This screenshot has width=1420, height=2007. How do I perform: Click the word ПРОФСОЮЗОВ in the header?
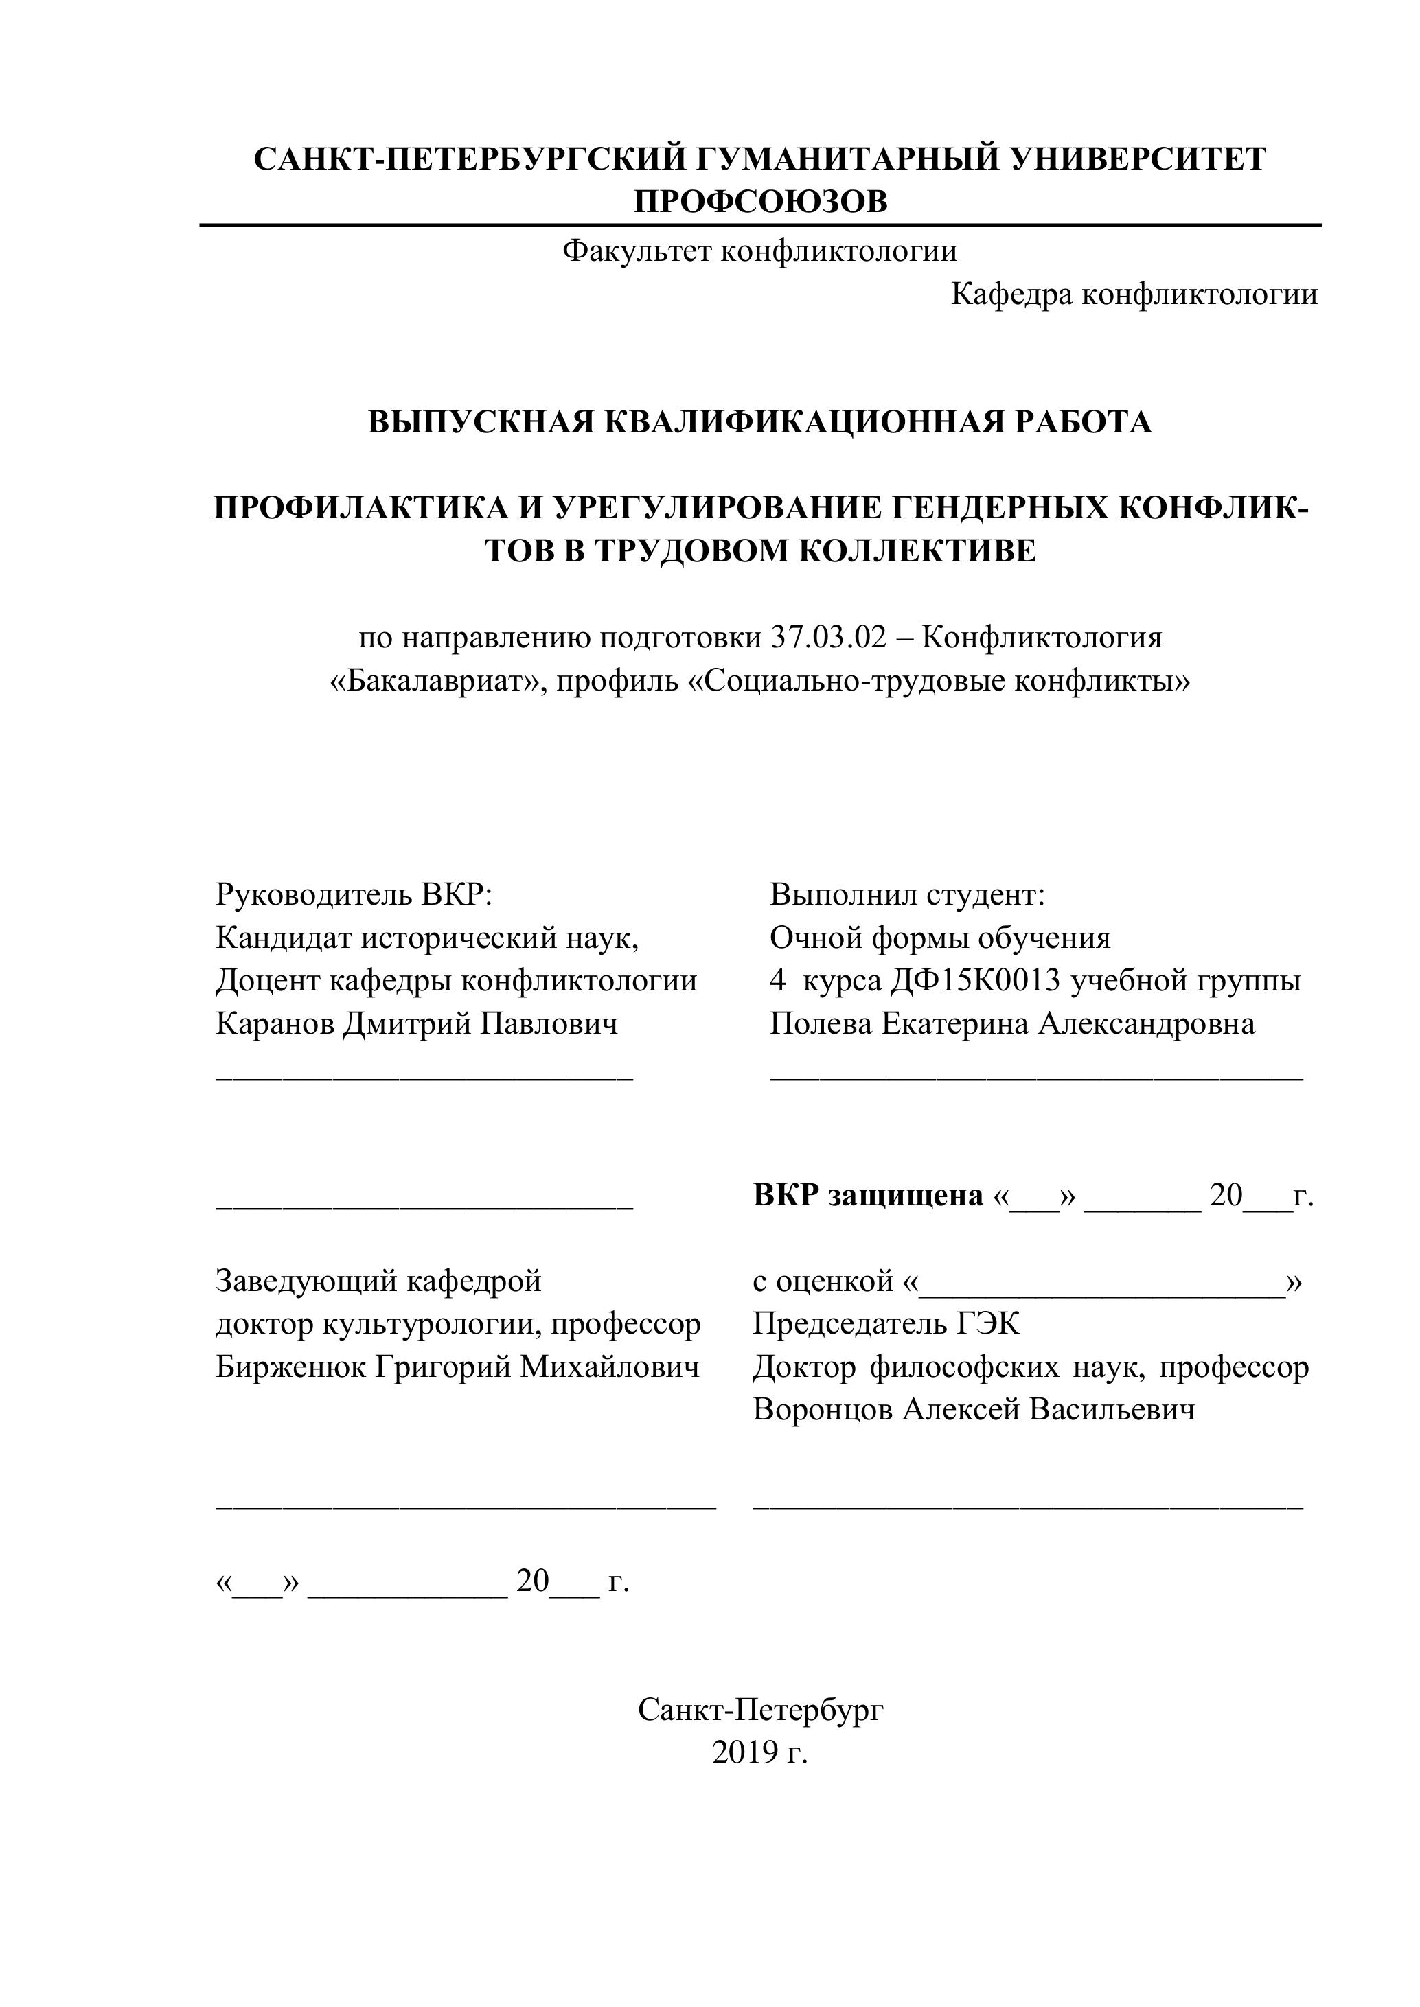coord(760,202)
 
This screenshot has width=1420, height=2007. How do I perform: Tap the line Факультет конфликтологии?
coord(759,252)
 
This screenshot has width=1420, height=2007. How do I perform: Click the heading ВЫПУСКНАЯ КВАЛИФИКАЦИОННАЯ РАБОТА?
coord(759,422)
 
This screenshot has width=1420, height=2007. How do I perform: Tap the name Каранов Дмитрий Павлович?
coord(416,1023)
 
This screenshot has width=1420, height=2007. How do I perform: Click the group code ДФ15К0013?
coord(975,981)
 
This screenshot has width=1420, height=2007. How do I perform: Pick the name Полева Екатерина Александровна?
coord(1011,1023)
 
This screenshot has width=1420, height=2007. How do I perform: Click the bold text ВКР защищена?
coord(867,1195)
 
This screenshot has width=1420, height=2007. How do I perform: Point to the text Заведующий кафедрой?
coord(378,1281)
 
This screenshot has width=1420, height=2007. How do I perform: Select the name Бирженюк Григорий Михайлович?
coord(457,1367)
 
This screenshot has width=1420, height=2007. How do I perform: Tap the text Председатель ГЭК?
coord(886,1324)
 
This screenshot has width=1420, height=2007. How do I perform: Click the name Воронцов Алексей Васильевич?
coord(973,1410)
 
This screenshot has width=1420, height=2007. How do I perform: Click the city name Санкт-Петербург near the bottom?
coord(760,1710)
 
